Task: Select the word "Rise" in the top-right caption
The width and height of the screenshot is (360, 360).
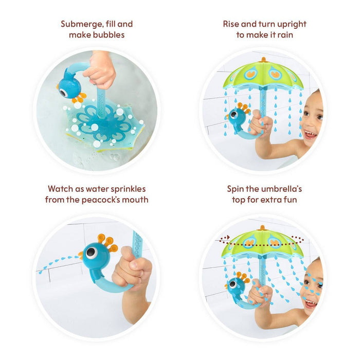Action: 232,24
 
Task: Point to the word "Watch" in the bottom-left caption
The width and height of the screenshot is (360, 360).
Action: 60,189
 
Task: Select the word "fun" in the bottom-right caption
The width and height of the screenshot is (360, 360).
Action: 289,200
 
